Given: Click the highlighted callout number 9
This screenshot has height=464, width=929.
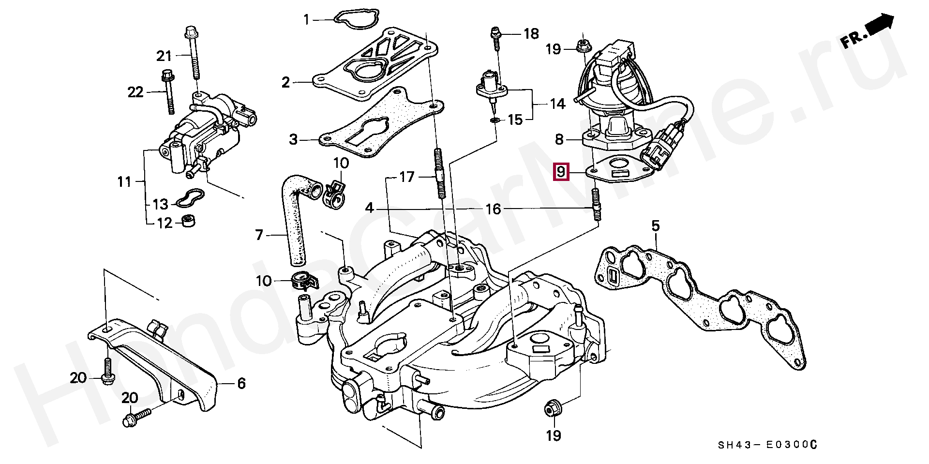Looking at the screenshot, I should click(x=561, y=171).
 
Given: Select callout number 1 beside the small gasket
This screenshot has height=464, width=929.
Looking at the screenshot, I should click(x=306, y=20).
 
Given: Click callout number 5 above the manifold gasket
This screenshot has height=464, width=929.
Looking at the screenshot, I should click(x=655, y=226).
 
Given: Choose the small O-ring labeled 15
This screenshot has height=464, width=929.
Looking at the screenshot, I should click(x=495, y=119).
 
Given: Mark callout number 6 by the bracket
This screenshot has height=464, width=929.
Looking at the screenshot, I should click(x=241, y=384).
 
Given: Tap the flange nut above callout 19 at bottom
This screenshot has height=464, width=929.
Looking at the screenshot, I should click(x=551, y=408).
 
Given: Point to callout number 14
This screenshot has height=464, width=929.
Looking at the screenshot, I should click(x=557, y=104).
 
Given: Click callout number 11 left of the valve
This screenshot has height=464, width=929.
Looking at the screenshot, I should click(x=124, y=182).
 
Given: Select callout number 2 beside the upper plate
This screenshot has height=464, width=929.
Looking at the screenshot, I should click(x=285, y=82).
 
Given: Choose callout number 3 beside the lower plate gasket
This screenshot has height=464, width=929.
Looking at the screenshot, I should click(x=293, y=140).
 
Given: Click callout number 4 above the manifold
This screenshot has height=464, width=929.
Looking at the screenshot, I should click(x=370, y=209).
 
